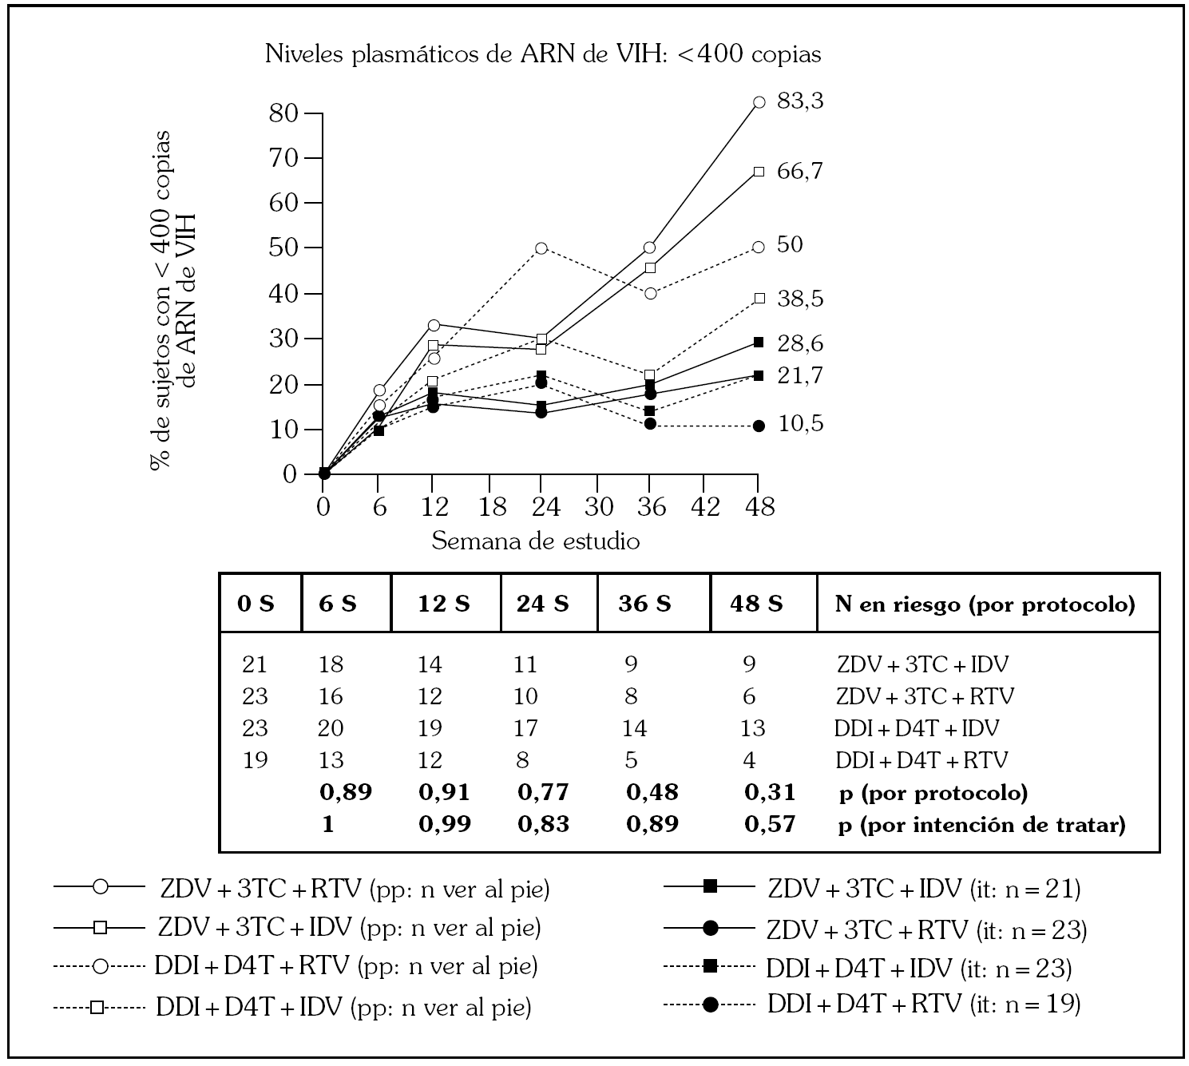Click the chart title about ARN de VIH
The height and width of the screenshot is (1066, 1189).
tap(543, 54)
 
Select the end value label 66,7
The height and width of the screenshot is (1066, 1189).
tap(799, 171)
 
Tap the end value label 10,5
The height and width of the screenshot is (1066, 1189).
tap(800, 424)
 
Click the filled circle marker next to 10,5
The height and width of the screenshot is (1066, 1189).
tap(759, 426)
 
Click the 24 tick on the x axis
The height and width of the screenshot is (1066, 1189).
tap(541, 506)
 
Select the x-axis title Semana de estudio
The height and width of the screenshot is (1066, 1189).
tap(536, 541)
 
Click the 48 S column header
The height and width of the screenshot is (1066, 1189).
tap(755, 604)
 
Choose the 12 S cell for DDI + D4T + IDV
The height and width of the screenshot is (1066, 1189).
tap(430, 728)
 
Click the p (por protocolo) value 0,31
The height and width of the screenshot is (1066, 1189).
tap(770, 792)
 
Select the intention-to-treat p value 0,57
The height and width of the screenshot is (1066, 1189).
tap(770, 824)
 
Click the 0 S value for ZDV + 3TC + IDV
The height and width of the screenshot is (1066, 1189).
tap(255, 664)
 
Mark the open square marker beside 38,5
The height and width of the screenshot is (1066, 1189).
tap(759, 299)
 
